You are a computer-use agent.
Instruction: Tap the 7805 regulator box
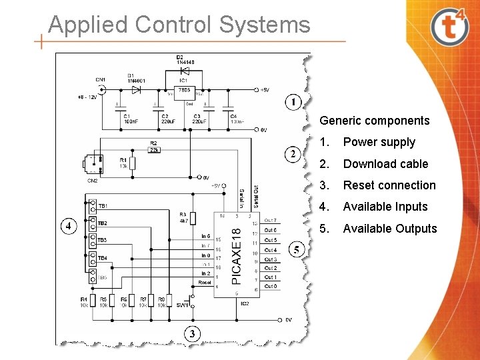click(x=185, y=90)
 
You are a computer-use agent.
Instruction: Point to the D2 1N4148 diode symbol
click(x=185, y=70)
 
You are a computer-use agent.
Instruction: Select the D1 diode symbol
click(x=136, y=89)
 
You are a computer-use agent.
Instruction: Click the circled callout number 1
click(x=293, y=102)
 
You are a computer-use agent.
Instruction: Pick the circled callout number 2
click(x=292, y=154)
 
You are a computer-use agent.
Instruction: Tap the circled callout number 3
click(x=192, y=333)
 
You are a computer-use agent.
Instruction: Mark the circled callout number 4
click(x=68, y=226)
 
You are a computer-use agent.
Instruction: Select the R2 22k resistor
click(x=153, y=149)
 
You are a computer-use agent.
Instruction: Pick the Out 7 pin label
click(x=271, y=220)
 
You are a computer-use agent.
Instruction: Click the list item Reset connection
click(x=389, y=185)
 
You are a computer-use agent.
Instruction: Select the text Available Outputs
click(x=389, y=229)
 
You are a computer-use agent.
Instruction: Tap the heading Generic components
click(x=374, y=121)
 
